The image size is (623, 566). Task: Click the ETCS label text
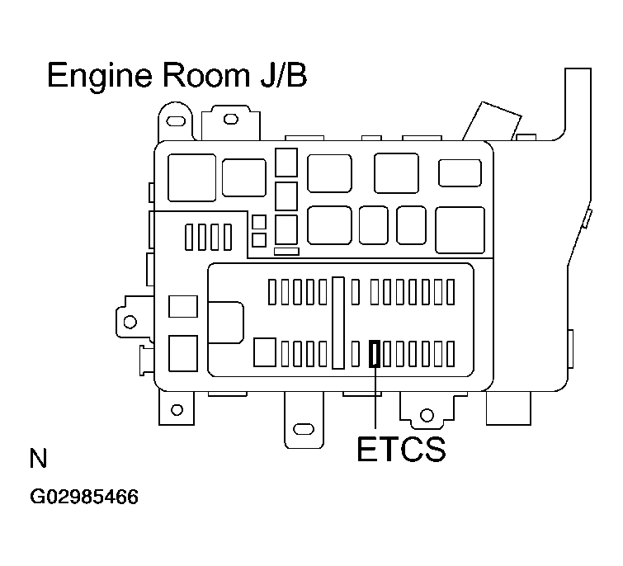coord(401,450)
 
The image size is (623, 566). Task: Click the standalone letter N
coord(37,459)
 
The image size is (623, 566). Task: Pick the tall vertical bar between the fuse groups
coord(338,322)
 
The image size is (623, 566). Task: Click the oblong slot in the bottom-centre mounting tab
coord(303,429)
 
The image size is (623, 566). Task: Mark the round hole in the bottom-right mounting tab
coord(426,414)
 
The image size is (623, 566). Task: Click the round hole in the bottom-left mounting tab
coord(176,410)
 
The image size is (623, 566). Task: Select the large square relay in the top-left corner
coord(191,177)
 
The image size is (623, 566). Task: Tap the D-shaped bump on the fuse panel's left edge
coord(225,322)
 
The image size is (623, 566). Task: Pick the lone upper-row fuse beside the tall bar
coord(355,292)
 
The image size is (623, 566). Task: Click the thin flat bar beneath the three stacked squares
coord(286,251)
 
